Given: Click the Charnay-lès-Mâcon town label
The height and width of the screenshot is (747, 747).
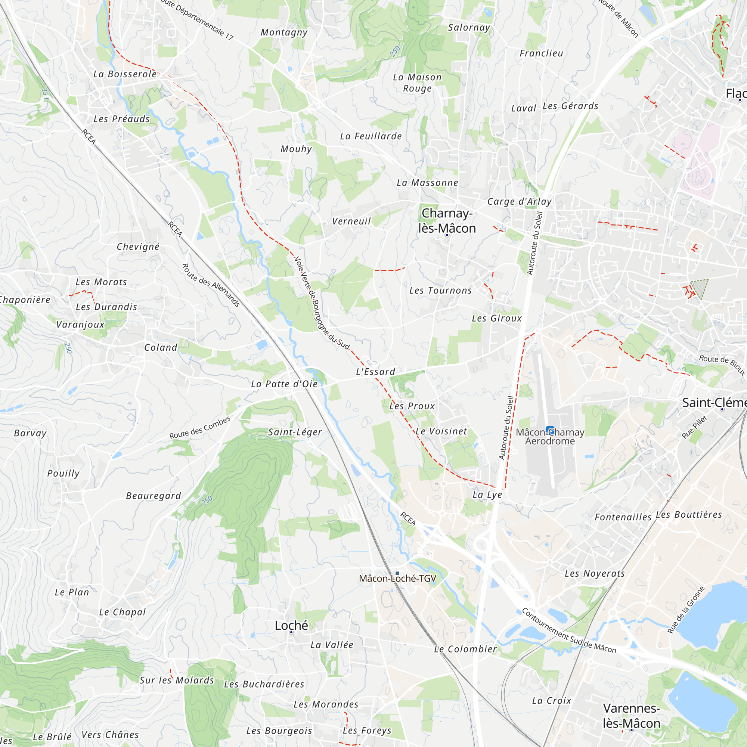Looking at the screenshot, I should [x=447, y=221].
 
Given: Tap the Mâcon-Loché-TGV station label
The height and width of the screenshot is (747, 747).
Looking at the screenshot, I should [x=397, y=579].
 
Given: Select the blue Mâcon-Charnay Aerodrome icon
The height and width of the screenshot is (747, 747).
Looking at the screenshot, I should [x=550, y=430].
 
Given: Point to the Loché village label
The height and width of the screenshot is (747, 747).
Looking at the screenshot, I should [x=291, y=625].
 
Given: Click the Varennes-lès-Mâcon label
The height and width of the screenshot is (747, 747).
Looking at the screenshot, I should [x=631, y=715].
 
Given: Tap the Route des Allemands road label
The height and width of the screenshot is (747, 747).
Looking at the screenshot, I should [x=211, y=285].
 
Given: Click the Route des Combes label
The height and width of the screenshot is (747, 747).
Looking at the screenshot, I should [x=200, y=428].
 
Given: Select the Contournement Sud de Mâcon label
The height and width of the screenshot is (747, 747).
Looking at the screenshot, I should [x=568, y=630].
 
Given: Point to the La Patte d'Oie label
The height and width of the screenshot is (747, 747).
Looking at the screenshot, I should [x=284, y=384].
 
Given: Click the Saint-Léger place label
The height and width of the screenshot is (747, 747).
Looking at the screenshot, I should [x=295, y=432].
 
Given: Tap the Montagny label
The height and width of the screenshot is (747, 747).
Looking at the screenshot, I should [x=284, y=32].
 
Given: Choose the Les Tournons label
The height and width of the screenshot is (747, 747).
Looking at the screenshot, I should [x=440, y=291].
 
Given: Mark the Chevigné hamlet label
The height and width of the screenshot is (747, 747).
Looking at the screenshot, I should [x=138, y=247].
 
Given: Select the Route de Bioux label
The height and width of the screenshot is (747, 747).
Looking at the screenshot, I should [x=722, y=364].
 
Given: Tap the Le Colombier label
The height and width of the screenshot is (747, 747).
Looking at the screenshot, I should [x=465, y=649].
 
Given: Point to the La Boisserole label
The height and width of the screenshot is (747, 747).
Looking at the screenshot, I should [x=125, y=74].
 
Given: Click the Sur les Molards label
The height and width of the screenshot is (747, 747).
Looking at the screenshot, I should [x=177, y=680].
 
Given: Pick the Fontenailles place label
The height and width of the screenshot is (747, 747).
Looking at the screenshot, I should [x=623, y=517].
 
